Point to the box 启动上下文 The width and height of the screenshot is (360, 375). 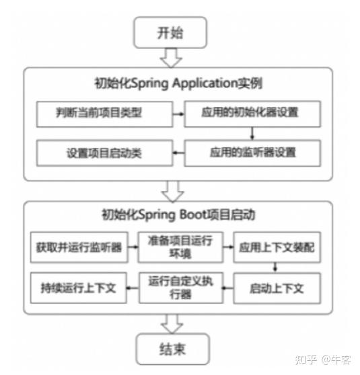tap(277, 288)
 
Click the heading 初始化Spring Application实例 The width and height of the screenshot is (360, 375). tap(178, 84)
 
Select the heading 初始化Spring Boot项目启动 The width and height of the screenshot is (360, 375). tap(178, 215)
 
